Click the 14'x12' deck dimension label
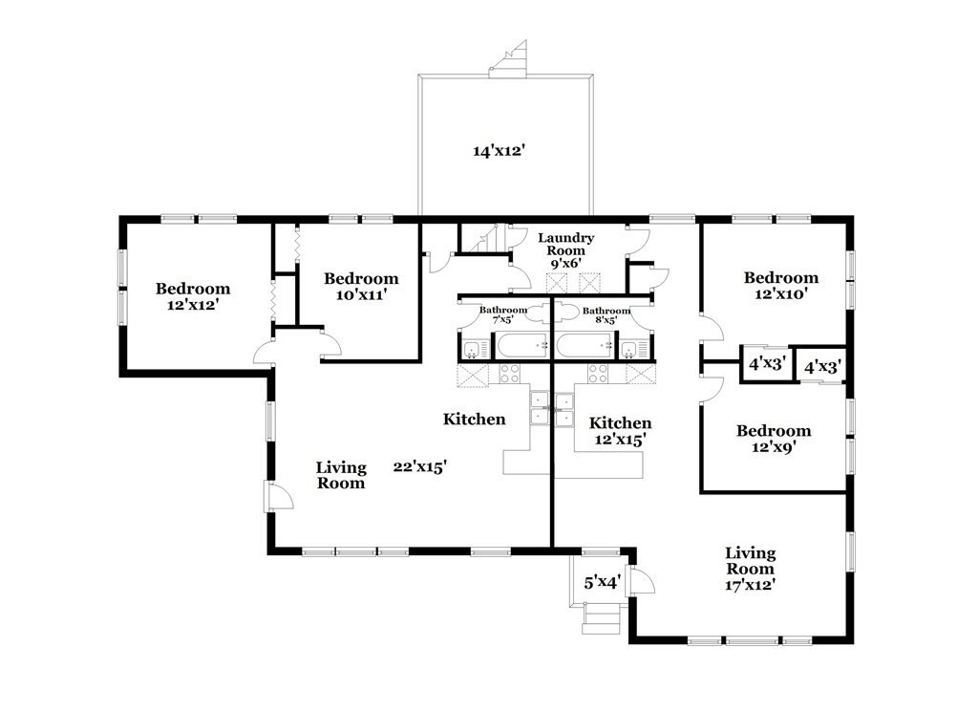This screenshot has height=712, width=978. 497,150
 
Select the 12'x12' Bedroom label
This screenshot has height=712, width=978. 193,296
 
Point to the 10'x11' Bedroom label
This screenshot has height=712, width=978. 361,287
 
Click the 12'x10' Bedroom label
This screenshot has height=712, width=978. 781,286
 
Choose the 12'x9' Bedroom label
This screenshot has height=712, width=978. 774,439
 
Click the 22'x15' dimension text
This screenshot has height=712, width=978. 420,466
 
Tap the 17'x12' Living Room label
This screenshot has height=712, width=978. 751,569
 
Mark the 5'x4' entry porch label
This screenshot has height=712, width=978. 602,583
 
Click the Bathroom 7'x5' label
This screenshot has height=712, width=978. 502,314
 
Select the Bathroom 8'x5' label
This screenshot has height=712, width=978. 606,315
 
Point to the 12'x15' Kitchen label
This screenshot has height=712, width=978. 620,431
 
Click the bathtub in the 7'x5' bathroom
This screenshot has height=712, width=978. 521,346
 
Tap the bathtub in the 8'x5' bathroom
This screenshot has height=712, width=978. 585,346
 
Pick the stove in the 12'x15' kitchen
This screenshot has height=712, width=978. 598,373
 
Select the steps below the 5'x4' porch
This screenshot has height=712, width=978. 602,619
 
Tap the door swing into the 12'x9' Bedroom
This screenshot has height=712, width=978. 712,389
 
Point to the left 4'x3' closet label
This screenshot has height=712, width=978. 766,363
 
